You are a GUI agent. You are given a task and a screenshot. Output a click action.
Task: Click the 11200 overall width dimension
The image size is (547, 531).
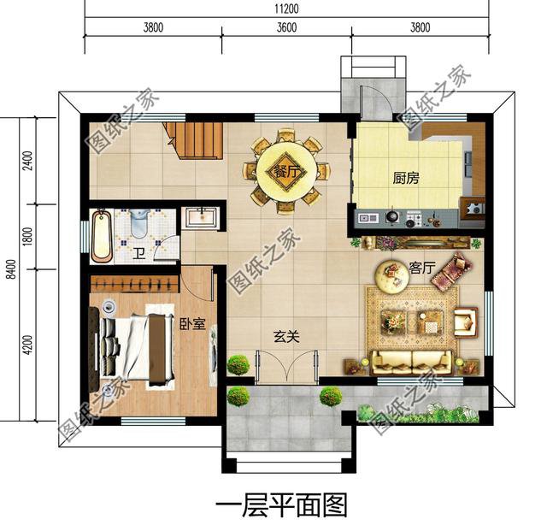286,9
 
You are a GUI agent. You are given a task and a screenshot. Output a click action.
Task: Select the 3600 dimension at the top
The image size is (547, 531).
287,27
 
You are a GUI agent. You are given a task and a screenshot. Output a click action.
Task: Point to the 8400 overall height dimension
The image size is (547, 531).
11,269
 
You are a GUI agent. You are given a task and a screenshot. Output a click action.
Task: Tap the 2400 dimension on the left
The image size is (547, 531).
27,161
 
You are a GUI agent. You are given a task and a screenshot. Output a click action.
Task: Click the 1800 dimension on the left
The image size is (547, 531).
27,236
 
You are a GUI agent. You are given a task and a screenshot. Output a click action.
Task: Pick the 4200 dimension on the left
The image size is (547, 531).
27,345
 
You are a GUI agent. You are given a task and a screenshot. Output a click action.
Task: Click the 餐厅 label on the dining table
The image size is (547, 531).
287,171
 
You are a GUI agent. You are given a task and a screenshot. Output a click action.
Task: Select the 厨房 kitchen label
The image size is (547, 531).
406,178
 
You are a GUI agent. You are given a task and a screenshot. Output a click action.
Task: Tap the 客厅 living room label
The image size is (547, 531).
421,268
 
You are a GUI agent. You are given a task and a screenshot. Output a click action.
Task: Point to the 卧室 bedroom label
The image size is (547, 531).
192,324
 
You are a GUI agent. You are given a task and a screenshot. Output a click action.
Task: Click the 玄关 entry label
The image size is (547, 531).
286,337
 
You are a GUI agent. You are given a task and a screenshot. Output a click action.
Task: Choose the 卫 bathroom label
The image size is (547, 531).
138,254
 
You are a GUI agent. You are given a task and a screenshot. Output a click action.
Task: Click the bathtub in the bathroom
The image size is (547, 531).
102,236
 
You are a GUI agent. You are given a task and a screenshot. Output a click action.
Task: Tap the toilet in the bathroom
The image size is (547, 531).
139,223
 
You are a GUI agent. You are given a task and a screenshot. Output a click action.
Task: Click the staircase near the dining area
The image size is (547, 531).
194,140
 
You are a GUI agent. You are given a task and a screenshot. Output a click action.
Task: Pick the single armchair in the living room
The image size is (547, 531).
466,322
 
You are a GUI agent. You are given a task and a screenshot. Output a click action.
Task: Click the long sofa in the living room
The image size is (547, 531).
412,362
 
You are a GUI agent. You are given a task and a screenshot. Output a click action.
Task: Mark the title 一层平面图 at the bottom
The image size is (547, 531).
281,505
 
